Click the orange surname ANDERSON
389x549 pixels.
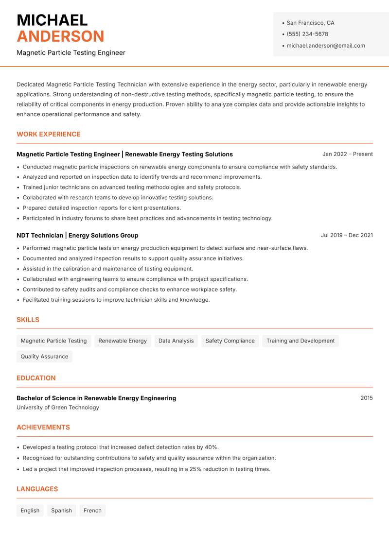(60, 36)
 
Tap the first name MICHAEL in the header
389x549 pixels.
(52, 20)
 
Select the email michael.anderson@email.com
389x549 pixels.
(326, 46)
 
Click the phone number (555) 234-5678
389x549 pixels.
(307, 34)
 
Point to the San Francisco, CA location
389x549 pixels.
(310, 23)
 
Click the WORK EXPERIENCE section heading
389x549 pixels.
(49, 134)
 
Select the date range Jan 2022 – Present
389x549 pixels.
(347, 154)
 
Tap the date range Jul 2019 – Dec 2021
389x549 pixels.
(347, 235)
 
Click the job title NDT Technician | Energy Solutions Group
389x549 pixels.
(77, 235)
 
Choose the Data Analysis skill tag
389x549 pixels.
(176, 341)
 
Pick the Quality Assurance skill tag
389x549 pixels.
(44, 356)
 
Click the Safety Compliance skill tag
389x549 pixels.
(230, 341)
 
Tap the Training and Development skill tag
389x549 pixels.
(301, 341)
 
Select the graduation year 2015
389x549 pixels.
(367, 398)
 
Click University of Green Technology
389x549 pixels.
(58, 408)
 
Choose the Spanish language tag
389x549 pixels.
(61, 511)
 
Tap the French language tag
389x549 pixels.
(92, 511)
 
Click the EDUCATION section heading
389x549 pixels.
(36, 378)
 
